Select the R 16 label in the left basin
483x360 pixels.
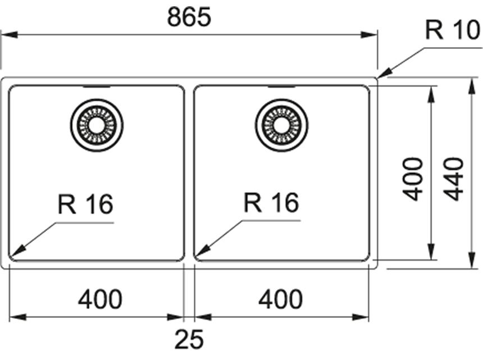[x=85, y=203]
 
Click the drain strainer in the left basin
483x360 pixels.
[x=97, y=125]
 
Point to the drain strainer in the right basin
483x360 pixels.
[x=281, y=125]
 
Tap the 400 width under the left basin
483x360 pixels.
[x=99, y=299]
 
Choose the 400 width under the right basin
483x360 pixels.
[x=280, y=299]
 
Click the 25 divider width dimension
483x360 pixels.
[x=189, y=339]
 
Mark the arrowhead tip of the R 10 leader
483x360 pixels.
[x=380, y=77]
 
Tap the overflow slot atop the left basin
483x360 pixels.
[x=97, y=87]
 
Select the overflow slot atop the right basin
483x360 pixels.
[x=281, y=87]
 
